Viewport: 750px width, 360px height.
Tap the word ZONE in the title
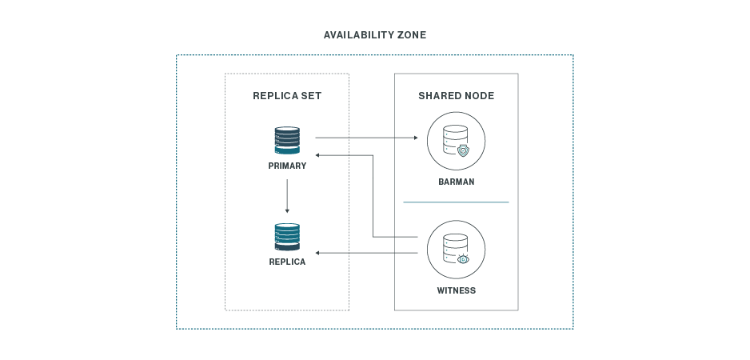click(409, 35)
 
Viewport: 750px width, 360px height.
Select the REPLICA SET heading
click(287, 96)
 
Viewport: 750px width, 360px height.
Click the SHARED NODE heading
click(456, 96)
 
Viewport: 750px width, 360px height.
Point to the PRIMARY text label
click(287, 166)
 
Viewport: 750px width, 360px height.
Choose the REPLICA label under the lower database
click(287, 262)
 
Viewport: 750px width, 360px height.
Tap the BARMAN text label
click(456, 182)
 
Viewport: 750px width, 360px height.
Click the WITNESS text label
click(456, 290)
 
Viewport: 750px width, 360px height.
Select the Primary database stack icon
click(287, 140)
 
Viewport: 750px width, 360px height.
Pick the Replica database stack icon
click(287, 237)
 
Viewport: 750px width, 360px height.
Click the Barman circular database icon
click(455, 140)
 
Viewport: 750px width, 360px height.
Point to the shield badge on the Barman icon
click(463, 150)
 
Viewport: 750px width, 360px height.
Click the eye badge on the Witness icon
click(463, 259)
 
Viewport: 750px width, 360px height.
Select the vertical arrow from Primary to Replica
click(287, 195)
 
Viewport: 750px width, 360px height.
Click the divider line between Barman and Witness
click(456, 202)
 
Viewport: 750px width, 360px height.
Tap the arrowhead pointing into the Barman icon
click(416, 138)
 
